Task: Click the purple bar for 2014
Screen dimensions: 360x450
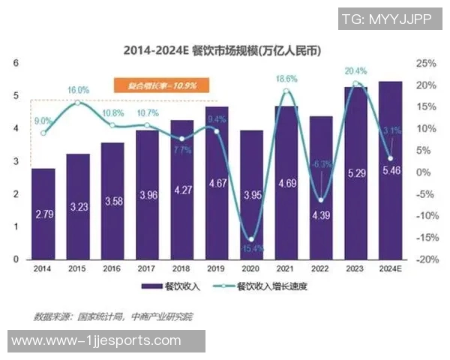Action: pyautogui.click(x=43, y=214)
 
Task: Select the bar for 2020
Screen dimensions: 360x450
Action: pyautogui.click(x=251, y=195)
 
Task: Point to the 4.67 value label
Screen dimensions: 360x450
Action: pyautogui.click(x=217, y=183)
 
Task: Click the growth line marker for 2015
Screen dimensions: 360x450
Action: pyautogui.click(x=78, y=102)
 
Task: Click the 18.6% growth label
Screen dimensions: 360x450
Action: pyautogui.click(x=286, y=78)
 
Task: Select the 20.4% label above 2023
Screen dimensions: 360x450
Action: pyautogui.click(x=355, y=71)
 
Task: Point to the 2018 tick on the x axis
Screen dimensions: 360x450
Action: pyautogui.click(x=181, y=267)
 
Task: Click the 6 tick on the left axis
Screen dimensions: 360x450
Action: pyautogui.click(x=16, y=63)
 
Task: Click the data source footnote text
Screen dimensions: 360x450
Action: pyautogui.click(x=112, y=316)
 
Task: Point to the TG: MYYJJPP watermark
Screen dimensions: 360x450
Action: pyautogui.click(x=389, y=19)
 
